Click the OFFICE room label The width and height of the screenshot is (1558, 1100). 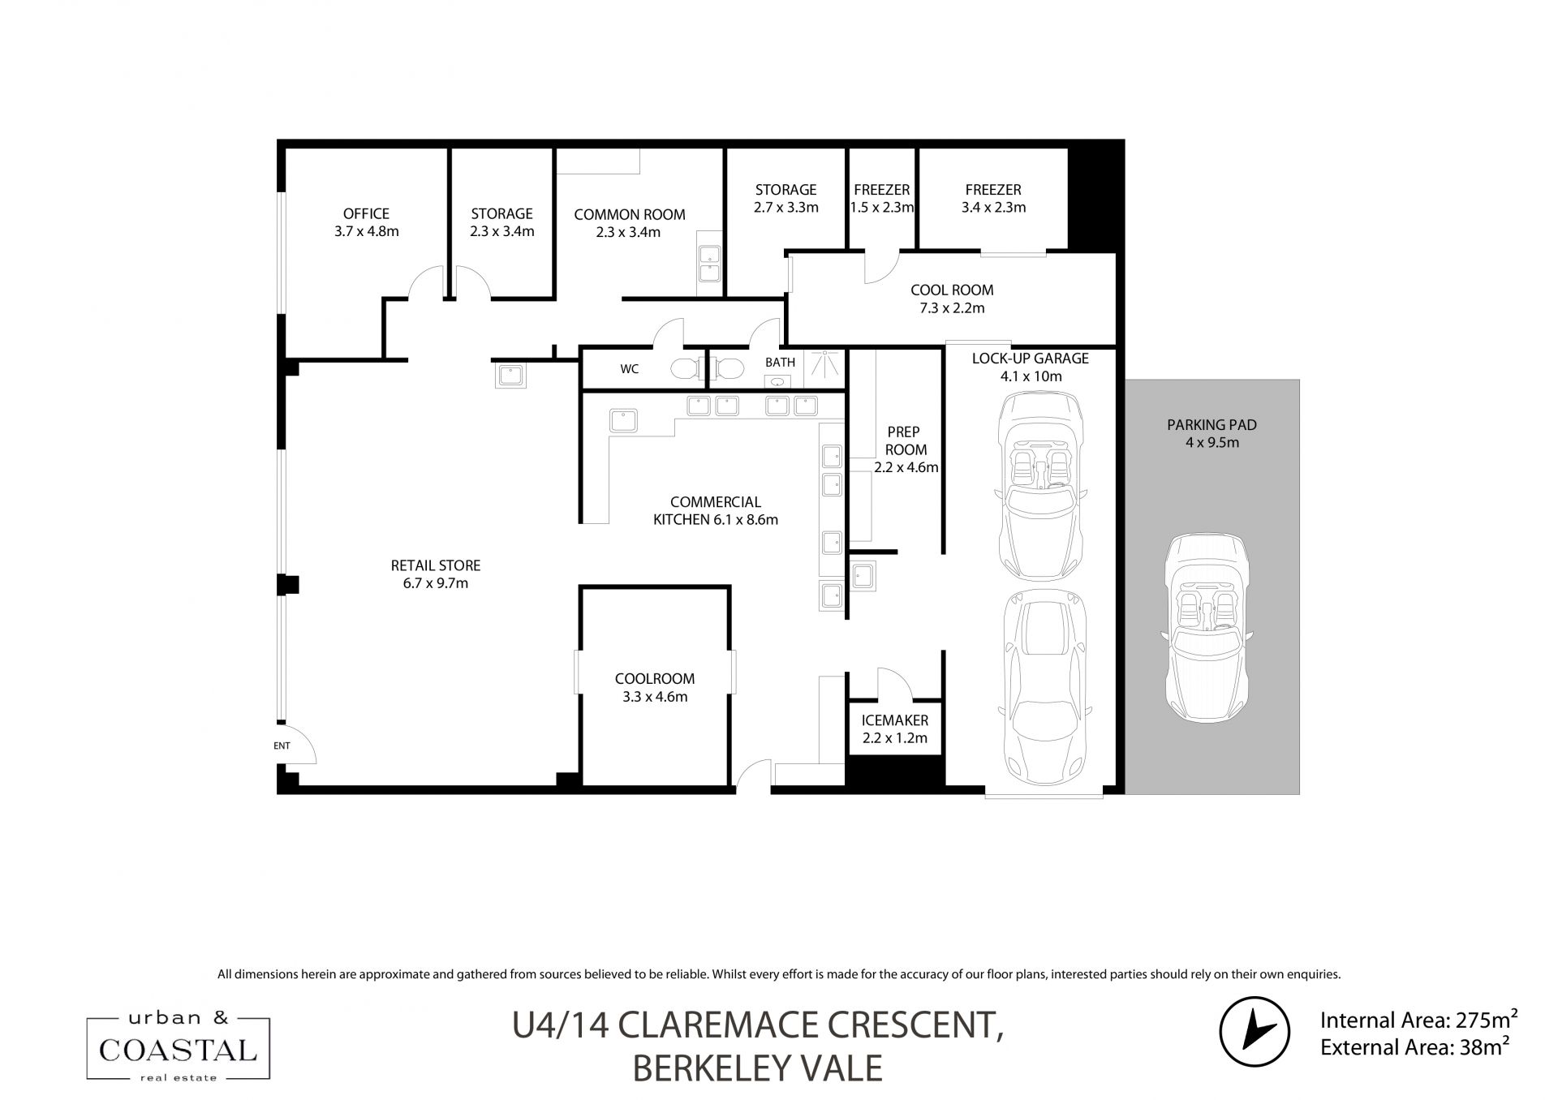(x=366, y=214)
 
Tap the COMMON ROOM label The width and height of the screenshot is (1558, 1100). (x=630, y=215)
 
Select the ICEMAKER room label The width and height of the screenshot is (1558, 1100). (x=895, y=720)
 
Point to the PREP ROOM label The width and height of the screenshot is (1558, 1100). (x=905, y=440)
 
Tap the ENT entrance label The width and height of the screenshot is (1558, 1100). (x=282, y=746)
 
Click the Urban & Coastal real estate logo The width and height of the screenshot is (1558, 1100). (x=179, y=1047)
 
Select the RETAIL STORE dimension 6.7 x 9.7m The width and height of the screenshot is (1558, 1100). (x=436, y=583)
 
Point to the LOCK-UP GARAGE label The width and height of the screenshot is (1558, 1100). (x=1031, y=359)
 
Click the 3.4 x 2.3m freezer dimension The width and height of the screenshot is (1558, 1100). (x=993, y=208)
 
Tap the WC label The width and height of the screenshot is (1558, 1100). (x=630, y=369)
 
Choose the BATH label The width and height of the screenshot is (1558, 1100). (x=781, y=363)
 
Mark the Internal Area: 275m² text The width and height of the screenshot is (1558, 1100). (x=1418, y=1019)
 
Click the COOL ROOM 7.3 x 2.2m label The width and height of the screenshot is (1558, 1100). (x=952, y=299)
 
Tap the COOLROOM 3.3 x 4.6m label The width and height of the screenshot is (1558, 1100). (x=655, y=687)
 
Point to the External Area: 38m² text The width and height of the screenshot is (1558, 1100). (x=1414, y=1046)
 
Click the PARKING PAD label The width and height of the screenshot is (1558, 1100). (x=1212, y=425)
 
